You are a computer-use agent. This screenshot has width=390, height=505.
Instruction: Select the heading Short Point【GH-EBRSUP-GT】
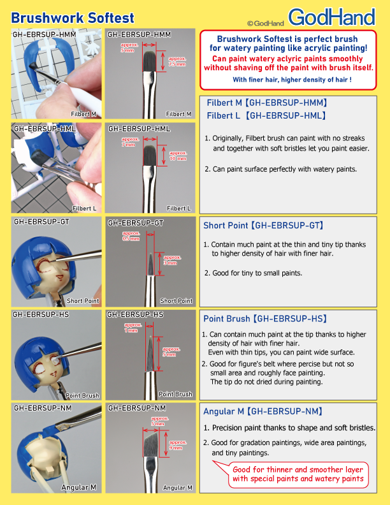pyautogui.click(x=263, y=226)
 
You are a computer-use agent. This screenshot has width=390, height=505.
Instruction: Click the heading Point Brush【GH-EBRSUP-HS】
pyautogui.click(x=264, y=319)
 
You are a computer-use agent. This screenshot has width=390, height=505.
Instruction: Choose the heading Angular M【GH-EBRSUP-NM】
pyautogui.click(x=262, y=412)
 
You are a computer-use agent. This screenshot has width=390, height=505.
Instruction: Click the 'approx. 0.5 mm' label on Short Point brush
pyautogui.click(x=131, y=236)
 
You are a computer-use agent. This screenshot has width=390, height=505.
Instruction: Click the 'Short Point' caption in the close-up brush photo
pyautogui.click(x=176, y=300)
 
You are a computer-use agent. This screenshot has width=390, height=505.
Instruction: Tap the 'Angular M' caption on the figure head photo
pyautogui.click(x=78, y=487)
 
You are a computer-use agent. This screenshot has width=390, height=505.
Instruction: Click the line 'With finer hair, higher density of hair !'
pyautogui.click(x=292, y=80)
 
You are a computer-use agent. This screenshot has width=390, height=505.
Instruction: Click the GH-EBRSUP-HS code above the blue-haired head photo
pyautogui.click(x=41, y=315)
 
